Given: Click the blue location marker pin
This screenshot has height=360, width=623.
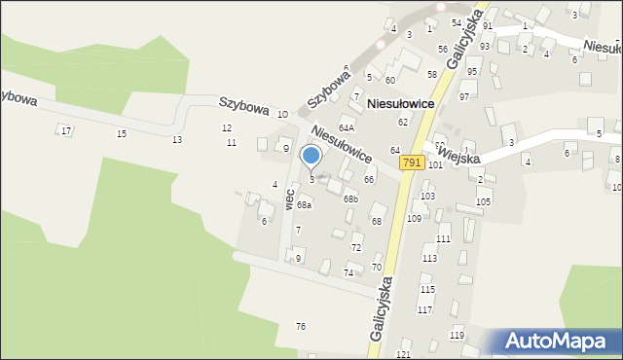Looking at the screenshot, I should click(x=311, y=156).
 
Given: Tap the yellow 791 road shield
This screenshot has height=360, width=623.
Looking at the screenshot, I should click(x=412, y=163).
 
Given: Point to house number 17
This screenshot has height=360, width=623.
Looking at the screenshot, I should click(x=65, y=130).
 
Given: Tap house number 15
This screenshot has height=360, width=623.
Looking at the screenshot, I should click(x=122, y=133).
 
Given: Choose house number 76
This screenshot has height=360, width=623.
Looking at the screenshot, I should click(x=301, y=326).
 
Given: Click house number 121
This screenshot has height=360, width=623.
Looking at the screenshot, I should click(x=404, y=355).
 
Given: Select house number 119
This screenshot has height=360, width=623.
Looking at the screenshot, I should click(x=457, y=335).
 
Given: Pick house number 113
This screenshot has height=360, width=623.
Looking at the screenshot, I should click(x=429, y=258).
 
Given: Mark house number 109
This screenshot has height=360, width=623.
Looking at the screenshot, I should click(x=414, y=219).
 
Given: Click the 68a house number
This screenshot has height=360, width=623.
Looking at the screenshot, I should click(x=305, y=205).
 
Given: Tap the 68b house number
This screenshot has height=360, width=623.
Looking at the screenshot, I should click(x=350, y=199).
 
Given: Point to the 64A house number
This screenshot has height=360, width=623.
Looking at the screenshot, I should click(x=347, y=127).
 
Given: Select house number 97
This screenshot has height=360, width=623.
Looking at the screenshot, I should click(x=464, y=96).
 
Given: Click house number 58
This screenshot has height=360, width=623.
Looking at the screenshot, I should click(x=431, y=74).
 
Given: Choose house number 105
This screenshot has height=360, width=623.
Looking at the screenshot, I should click(x=484, y=201).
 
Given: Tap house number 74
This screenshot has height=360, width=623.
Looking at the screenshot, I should click(x=348, y=273).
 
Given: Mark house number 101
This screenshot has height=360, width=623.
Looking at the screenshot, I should click(x=435, y=165).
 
